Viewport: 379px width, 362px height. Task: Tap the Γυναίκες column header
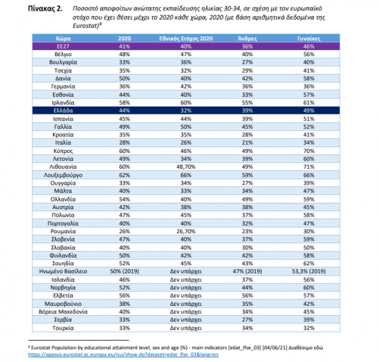pyautogui.click(x=307, y=39)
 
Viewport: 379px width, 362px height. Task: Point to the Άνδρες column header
pyautogui.click(x=246, y=39)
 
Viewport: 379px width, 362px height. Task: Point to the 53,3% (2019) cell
pyautogui.click(x=307, y=270)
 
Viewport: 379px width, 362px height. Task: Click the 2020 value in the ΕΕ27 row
pyautogui.click(x=124, y=47)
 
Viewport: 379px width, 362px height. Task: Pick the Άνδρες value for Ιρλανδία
pyautogui.click(x=246, y=101)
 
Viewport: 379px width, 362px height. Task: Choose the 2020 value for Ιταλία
pyautogui.click(x=124, y=142)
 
